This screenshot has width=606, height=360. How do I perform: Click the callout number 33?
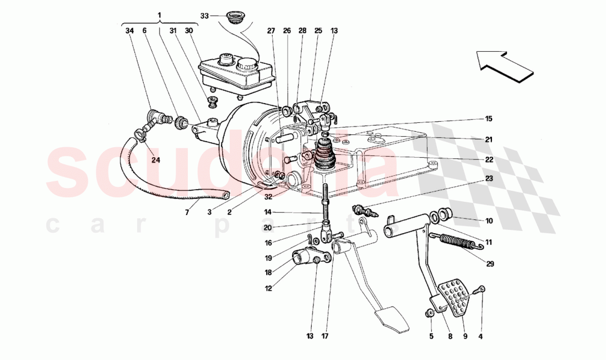(204, 16)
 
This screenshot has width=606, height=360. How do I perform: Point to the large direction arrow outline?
(506, 67)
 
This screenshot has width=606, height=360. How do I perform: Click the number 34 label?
(129, 31)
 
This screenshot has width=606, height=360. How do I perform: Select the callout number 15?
(489, 119)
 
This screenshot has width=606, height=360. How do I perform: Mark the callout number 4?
(482, 336)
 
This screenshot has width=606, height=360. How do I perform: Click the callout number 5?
(431, 336)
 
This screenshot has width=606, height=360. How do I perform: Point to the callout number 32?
(268, 195)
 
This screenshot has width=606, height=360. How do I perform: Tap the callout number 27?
(270, 31)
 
